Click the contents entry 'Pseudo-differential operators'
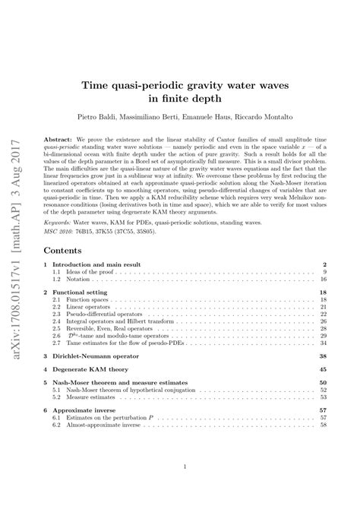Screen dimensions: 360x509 (x=120, y=318)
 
